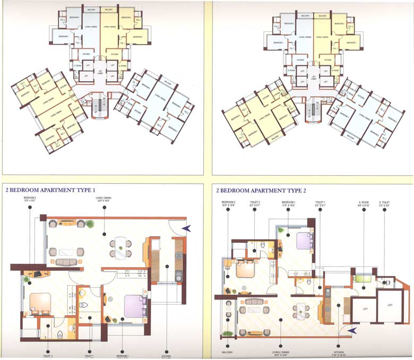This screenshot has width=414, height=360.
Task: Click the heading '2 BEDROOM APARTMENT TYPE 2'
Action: click(261, 190)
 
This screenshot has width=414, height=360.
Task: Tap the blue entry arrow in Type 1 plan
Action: click(185, 228)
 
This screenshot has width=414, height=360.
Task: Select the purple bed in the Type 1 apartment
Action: click(135, 307)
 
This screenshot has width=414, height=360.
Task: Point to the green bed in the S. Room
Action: click(362, 277)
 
